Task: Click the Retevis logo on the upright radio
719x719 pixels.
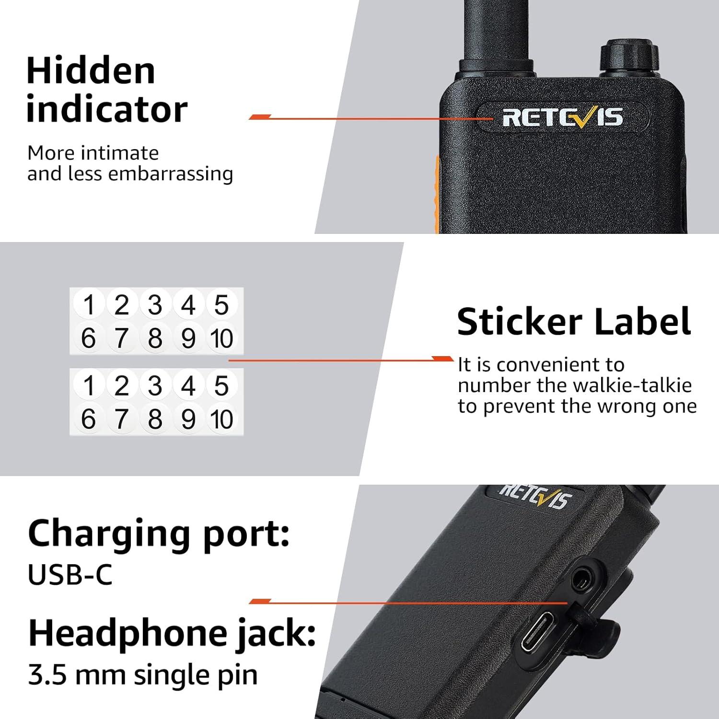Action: (x=562, y=117)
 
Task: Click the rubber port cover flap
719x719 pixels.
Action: (x=599, y=623)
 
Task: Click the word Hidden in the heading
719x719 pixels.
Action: (x=91, y=71)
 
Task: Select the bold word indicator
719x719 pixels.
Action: (x=106, y=109)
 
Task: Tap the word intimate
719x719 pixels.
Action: (x=120, y=153)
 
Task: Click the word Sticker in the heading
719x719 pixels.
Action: (x=519, y=322)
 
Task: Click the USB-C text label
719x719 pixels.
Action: (x=70, y=575)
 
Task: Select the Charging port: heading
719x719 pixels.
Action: (x=159, y=533)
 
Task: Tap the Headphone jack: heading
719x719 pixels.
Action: (x=172, y=634)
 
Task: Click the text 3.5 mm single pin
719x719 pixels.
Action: (x=142, y=675)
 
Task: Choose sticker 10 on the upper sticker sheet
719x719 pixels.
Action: (x=221, y=338)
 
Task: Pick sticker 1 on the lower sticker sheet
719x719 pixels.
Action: (x=89, y=386)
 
